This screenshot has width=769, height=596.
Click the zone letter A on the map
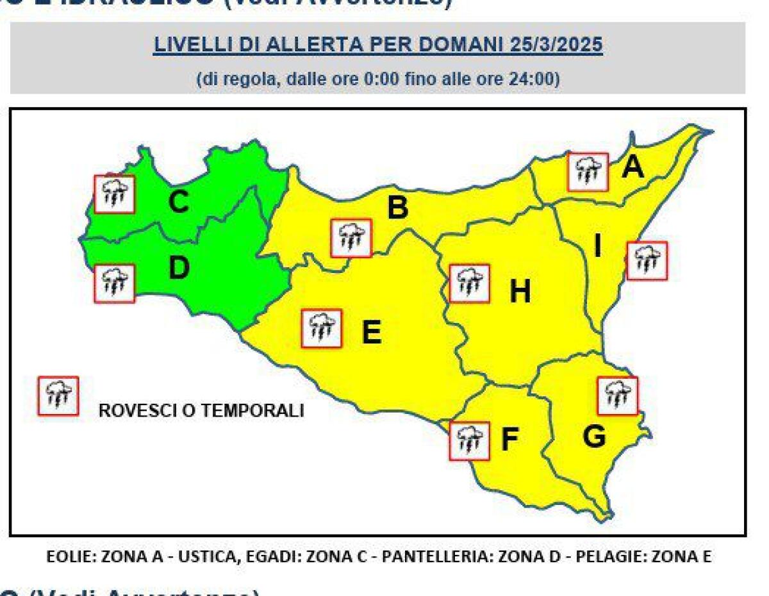point(633,167)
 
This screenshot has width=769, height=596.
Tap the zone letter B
point(397,208)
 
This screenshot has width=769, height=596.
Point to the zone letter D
point(179,269)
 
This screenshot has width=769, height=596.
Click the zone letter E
point(371,333)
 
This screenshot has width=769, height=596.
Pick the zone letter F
point(509,440)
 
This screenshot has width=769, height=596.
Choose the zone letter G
point(594,437)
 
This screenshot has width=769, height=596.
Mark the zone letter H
point(520,292)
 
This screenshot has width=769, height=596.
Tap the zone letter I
point(597,245)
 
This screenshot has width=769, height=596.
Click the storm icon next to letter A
point(588,172)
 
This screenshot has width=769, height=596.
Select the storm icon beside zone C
point(115,194)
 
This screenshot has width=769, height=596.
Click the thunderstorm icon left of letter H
point(469,283)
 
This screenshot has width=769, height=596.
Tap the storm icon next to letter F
point(469,441)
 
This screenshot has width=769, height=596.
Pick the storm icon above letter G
point(617,395)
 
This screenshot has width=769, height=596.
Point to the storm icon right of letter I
point(647,261)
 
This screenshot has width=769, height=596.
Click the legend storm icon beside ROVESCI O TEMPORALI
point(58,396)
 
